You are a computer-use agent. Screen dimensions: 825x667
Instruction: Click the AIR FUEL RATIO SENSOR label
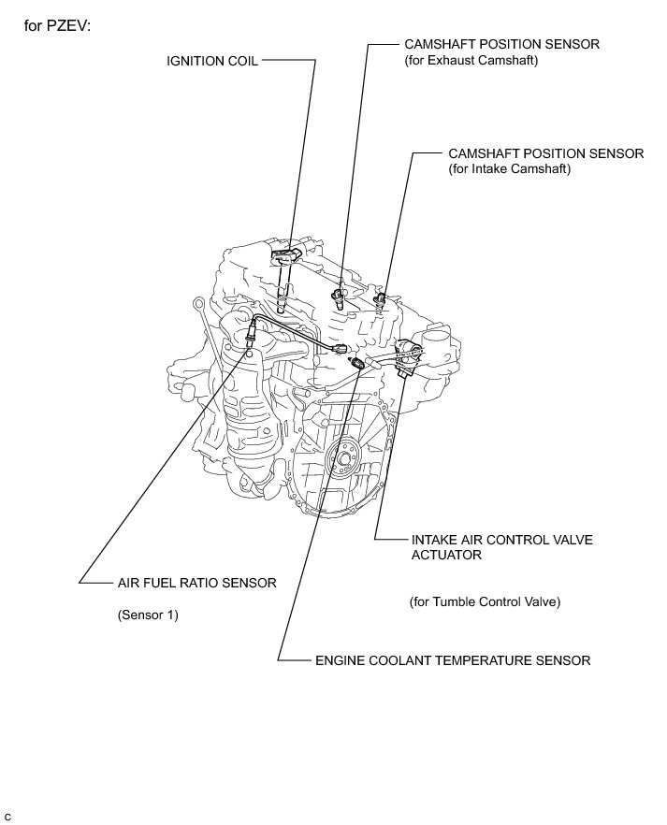pyautogui.click(x=196, y=583)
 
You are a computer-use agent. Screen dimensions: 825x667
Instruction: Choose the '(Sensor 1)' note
pyautogui.click(x=148, y=615)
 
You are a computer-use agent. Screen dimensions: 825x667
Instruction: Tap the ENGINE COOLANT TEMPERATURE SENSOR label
pyautogui.click(x=453, y=660)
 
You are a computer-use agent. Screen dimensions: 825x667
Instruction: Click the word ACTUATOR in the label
pyautogui.click(x=446, y=555)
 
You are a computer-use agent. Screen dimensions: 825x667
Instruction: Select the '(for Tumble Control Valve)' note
pyautogui.click(x=485, y=601)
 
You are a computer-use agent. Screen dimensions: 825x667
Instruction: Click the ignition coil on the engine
pyautogui.click(x=284, y=257)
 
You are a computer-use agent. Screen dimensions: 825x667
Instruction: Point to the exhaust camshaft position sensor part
pyautogui.click(x=341, y=298)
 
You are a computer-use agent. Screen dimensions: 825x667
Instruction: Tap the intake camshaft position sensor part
pyautogui.click(x=380, y=299)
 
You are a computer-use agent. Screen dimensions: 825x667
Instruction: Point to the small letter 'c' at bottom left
pyautogui.click(x=8, y=817)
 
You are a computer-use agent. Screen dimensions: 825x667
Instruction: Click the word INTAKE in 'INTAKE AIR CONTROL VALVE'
pyautogui.click(x=433, y=541)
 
